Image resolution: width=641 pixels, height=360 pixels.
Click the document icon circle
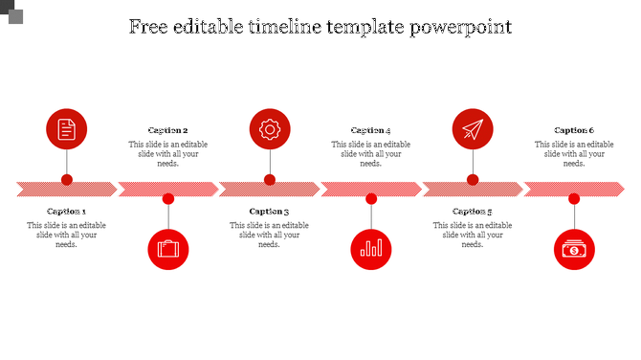point(67,129)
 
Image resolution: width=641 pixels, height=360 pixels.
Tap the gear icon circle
point(270,129)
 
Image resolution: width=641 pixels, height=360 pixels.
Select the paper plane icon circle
point(473,129)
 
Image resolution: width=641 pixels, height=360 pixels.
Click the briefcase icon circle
point(168,249)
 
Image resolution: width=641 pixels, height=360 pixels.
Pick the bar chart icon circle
point(371,249)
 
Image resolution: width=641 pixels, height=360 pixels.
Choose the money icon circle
point(574,249)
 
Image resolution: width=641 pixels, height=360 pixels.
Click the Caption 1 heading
point(67,212)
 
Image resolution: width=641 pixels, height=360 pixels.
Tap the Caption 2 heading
point(168,130)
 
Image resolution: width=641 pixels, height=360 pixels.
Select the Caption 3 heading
point(270,212)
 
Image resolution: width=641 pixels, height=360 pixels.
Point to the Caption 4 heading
point(371,130)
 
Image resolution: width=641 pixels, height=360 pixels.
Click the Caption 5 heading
point(473,212)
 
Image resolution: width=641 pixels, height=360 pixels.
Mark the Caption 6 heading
point(574,130)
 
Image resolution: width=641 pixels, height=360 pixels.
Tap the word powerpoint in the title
point(461,27)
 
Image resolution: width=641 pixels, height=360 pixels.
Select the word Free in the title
point(149,26)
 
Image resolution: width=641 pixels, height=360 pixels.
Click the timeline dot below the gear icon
point(270,180)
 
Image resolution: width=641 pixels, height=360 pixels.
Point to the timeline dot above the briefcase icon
point(168,199)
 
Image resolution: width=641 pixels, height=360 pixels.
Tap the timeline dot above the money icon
point(574,199)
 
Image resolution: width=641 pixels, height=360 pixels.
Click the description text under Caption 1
point(67,235)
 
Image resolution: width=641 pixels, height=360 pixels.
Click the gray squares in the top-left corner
point(11,12)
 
